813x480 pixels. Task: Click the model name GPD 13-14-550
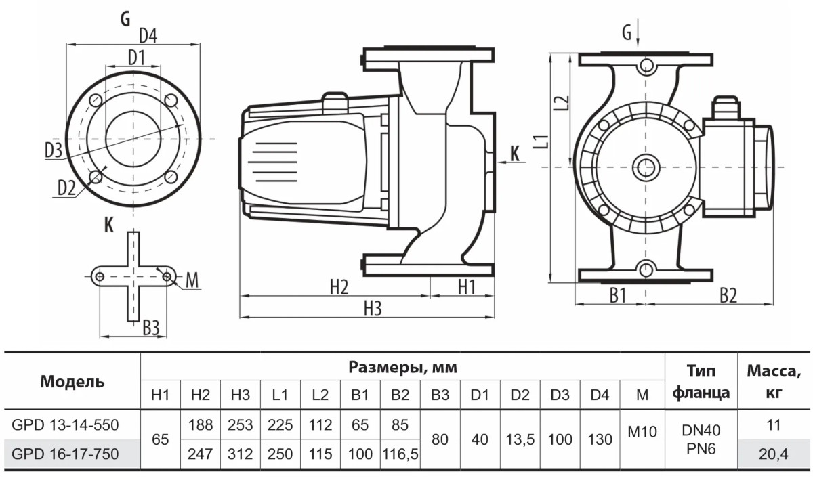pos(65,425)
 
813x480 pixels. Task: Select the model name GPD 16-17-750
pos(65,454)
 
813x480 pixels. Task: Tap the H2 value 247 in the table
pos(201,454)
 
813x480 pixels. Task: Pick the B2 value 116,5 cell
pos(400,454)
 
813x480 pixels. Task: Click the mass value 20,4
pos(773,454)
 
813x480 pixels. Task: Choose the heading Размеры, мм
pos(402,368)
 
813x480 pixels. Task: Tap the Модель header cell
pos(72,381)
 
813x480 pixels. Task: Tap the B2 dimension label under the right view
pos(728,294)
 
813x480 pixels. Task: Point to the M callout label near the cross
pos(192,280)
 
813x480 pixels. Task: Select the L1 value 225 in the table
pos(280,425)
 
